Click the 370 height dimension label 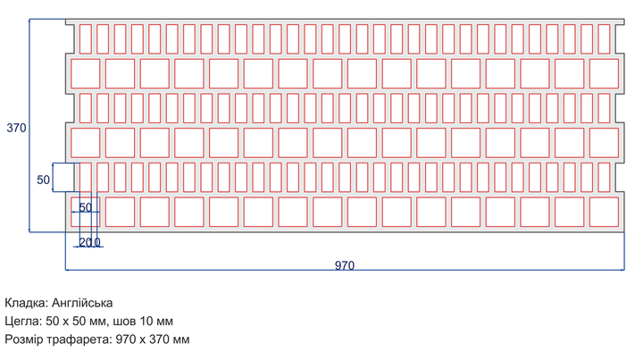point(16,128)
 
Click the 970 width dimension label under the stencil point(345,265)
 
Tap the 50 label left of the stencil point(43,180)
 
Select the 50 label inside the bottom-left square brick point(86,207)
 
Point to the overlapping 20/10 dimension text point(89,242)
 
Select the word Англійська point(82,303)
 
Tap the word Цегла point(23,321)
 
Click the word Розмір point(24,339)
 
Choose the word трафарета point(79,339)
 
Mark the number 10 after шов point(146,321)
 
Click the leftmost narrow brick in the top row point(86,39)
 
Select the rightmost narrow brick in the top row point(604,39)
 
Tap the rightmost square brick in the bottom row point(604,212)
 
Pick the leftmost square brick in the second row point(86,74)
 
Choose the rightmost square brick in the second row point(604,74)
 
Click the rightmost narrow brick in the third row point(604,108)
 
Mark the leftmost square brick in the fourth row point(86,143)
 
